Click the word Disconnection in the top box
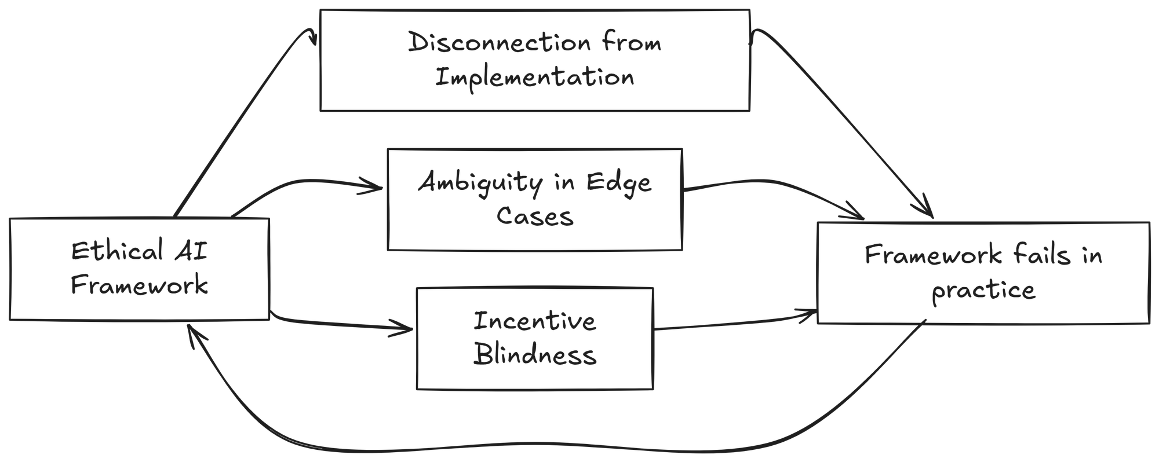pos(500,43)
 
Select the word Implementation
pos(534,78)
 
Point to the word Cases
pos(534,217)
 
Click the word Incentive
pos(534,321)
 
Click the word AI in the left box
pos(191,252)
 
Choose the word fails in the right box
pos(1041,255)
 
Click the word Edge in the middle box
pos(618,184)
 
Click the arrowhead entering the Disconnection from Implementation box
pos(315,41)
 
